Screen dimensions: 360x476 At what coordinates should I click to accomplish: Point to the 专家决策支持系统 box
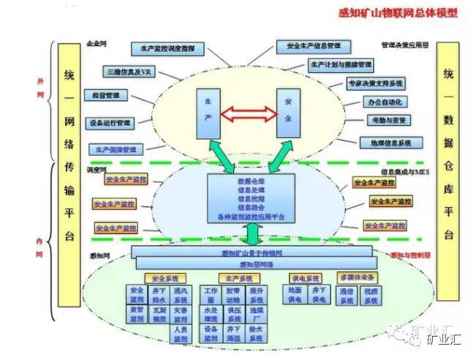tap(377, 83)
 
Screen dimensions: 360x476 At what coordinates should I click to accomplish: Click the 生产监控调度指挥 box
tap(167, 48)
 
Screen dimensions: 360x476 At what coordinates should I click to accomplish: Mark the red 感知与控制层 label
tap(413, 255)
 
